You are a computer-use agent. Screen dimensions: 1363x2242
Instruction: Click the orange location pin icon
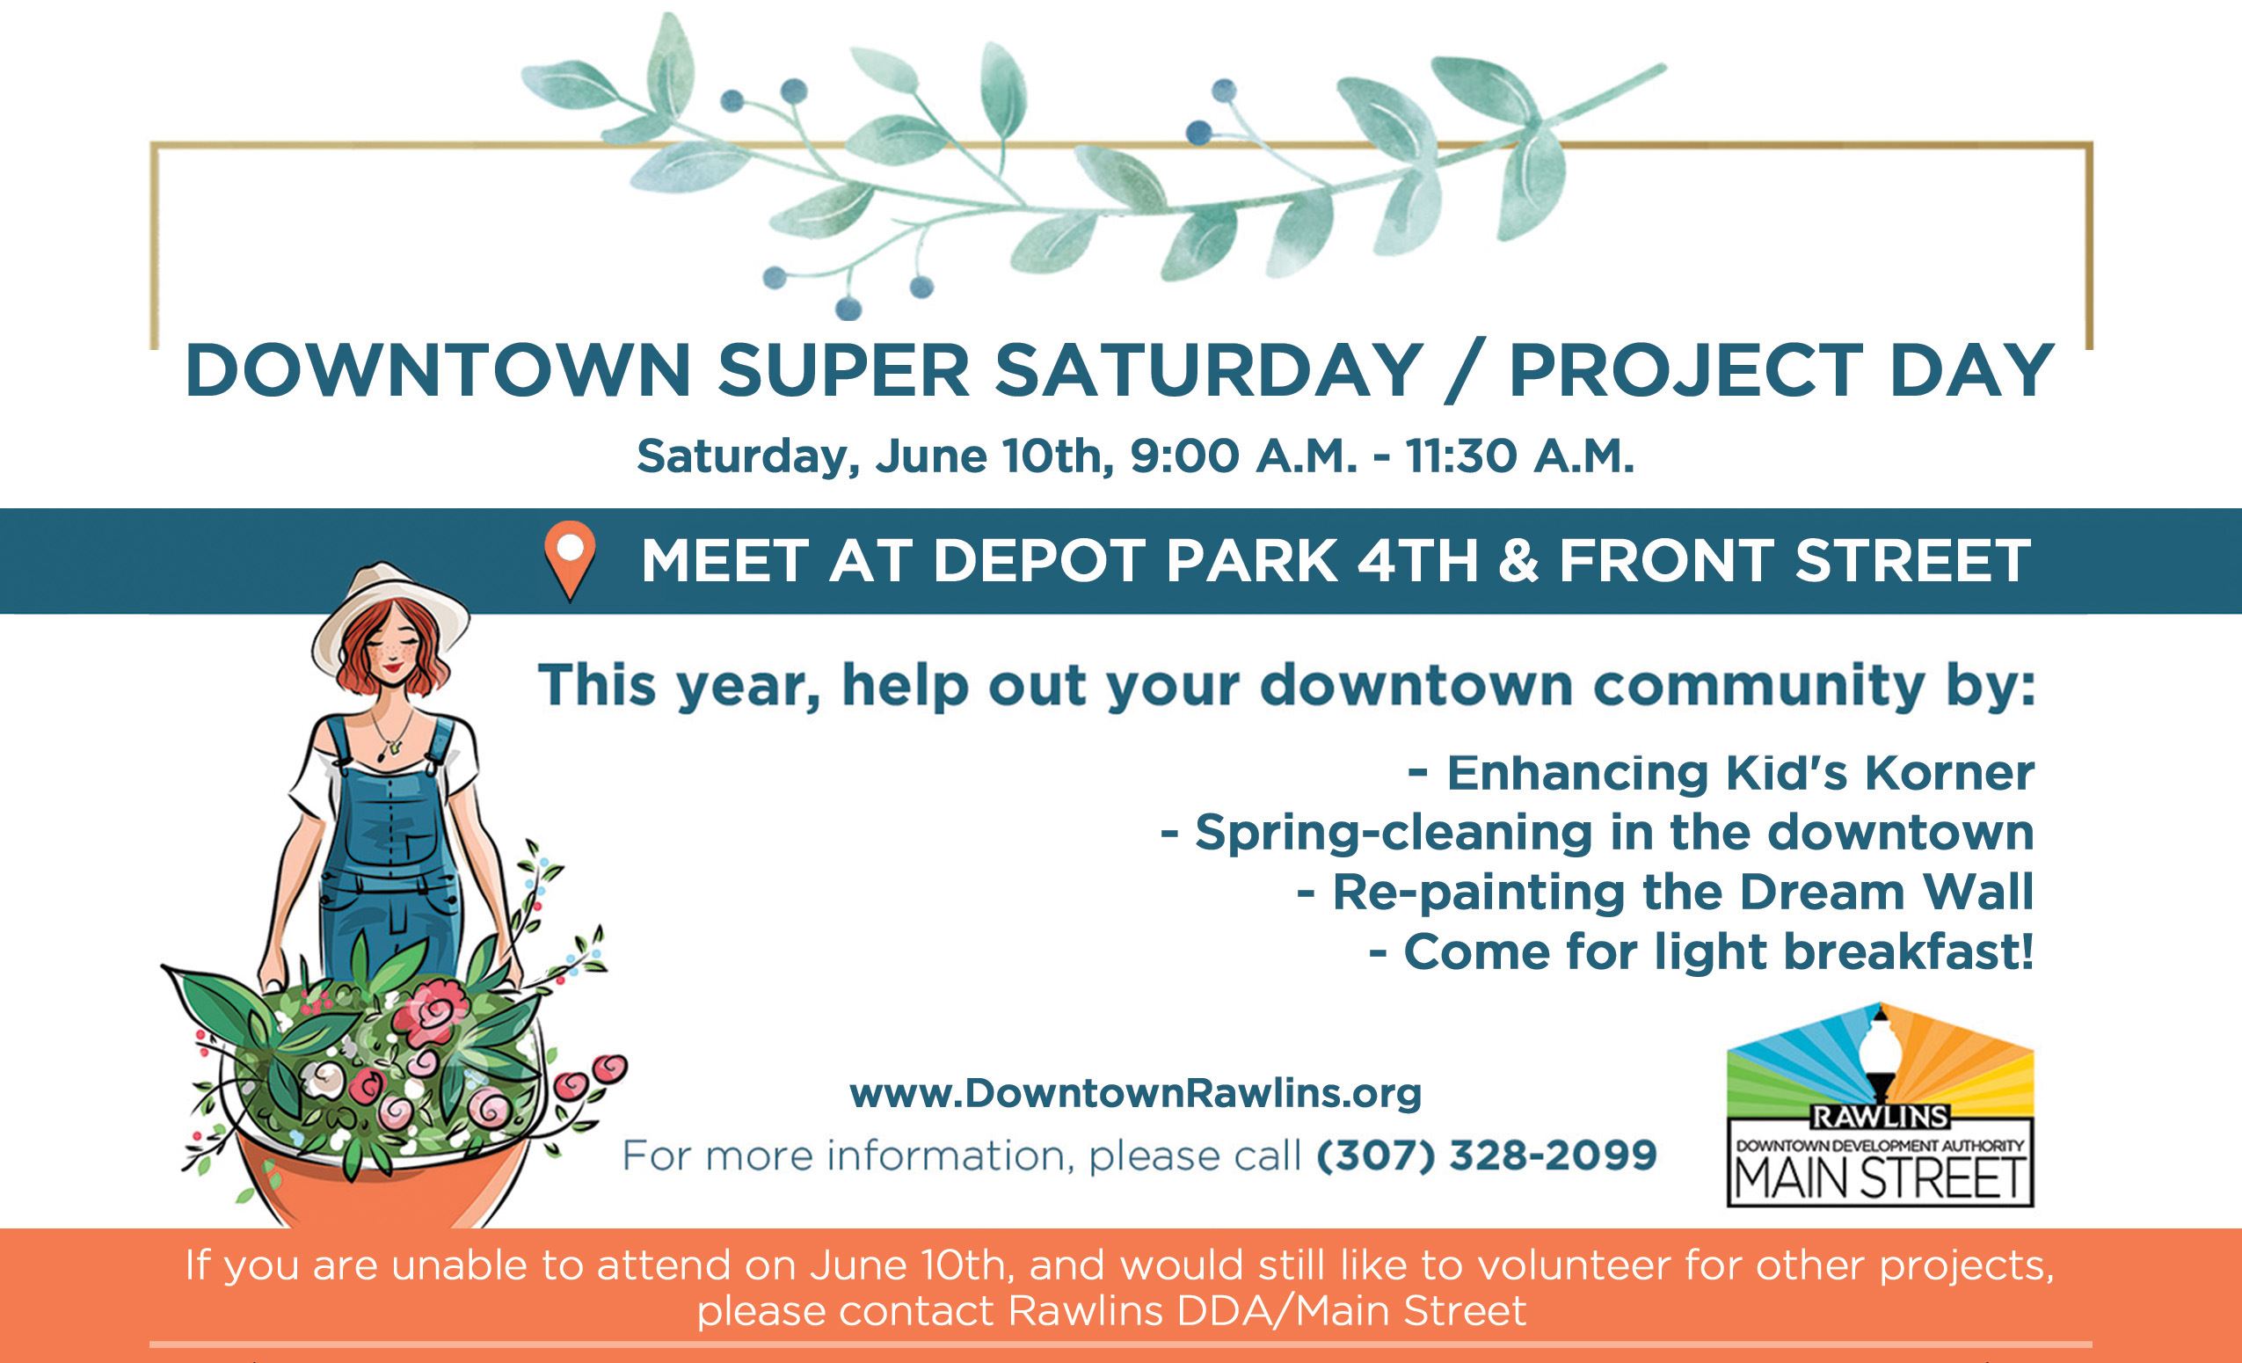pos(570,561)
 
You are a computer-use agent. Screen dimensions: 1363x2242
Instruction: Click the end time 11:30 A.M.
pos(1519,456)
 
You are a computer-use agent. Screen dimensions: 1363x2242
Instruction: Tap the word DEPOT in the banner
pos(1043,560)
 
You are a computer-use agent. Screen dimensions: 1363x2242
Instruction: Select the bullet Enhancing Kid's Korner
pos(1720,774)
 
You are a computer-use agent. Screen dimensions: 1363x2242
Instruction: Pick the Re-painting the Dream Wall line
pos(1664,893)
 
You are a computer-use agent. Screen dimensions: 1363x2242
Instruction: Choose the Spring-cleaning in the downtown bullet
pos(1597,833)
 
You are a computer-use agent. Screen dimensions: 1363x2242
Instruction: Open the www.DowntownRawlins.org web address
pos(1136,1093)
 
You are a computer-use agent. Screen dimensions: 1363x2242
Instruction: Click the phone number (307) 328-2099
pos(1487,1155)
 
